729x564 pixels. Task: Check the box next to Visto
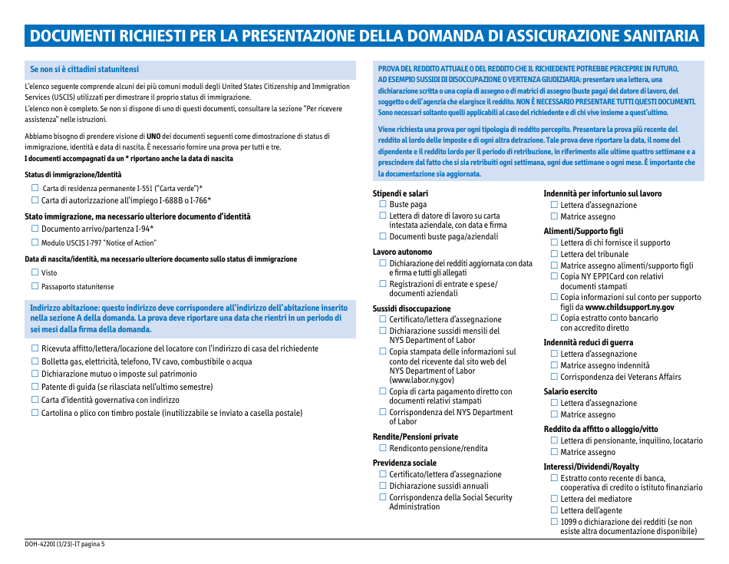coord(35,272)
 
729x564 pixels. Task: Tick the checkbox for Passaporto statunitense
coord(35,286)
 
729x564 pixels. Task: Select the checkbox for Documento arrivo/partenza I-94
coord(35,229)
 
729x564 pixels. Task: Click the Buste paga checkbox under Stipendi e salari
coord(383,205)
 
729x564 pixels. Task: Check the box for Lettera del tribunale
coord(554,254)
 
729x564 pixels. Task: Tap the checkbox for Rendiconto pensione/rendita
coord(383,448)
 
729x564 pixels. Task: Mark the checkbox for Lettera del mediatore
coord(554,499)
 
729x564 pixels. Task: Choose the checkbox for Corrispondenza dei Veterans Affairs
coord(554,377)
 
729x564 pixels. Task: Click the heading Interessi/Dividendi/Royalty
coord(591,467)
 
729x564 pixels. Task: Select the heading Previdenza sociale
coord(404,463)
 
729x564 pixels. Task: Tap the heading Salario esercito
coord(570,391)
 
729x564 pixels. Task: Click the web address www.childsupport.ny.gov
coord(629,307)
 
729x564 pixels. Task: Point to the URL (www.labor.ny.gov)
coord(421,380)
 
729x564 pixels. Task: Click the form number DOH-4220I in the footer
coord(41,544)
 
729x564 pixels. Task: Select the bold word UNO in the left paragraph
coord(153,136)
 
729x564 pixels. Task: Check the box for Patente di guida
coord(35,388)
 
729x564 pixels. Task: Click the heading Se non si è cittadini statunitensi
coord(84,69)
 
